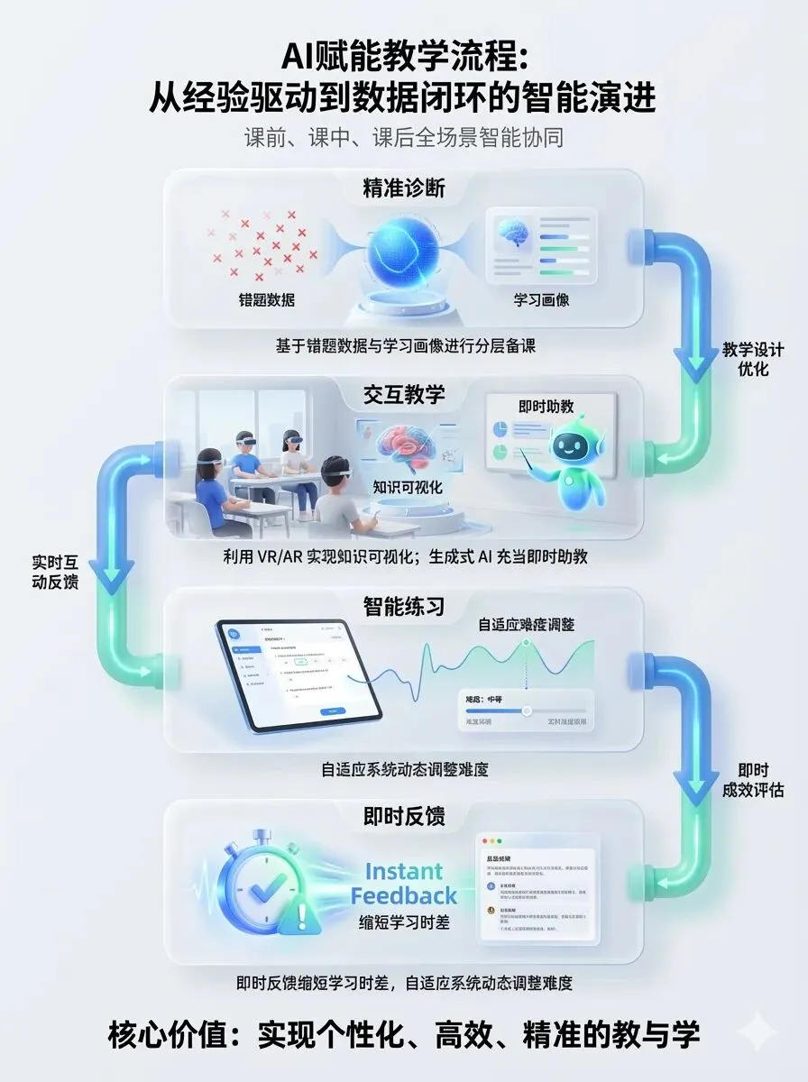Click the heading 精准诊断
pos(403,188)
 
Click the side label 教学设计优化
pos(752,359)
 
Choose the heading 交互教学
pos(403,394)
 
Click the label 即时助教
pos(546,406)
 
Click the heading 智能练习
pos(403,607)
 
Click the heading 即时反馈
pos(403,817)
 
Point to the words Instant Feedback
pos(403,884)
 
